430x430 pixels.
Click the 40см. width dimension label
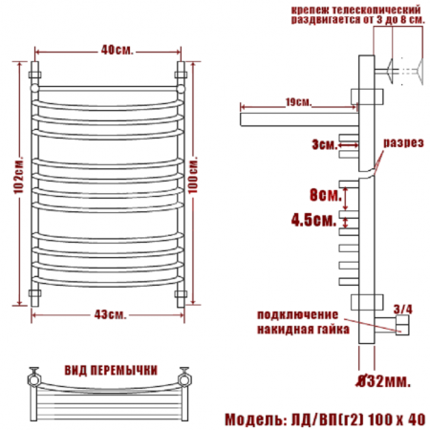click(x=117, y=50)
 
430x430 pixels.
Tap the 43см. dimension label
click(x=110, y=314)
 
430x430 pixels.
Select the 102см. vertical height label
click(x=18, y=175)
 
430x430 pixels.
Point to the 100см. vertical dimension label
click(x=193, y=175)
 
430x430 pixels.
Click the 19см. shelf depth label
click(x=298, y=102)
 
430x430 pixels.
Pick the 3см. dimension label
click(x=324, y=145)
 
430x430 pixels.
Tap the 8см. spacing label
click(x=326, y=194)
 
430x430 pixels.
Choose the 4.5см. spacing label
click(x=313, y=220)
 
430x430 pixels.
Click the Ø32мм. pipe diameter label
click(x=383, y=381)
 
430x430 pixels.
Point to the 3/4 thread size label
click(x=402, y=309)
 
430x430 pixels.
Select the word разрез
click(x=403, y=142)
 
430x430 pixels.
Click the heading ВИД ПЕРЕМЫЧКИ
click(x=111, y=371)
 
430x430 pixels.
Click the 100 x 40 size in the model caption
click(x=397, y=419)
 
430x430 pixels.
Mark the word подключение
click(x=297, y=314)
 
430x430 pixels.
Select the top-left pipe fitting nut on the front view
click(x=34, y=75)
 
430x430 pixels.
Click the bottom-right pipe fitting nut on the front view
click(x=181, y=293)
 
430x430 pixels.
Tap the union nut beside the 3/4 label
click(x=402, y=325)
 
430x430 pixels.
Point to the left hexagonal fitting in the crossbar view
click(x=33, y=379)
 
